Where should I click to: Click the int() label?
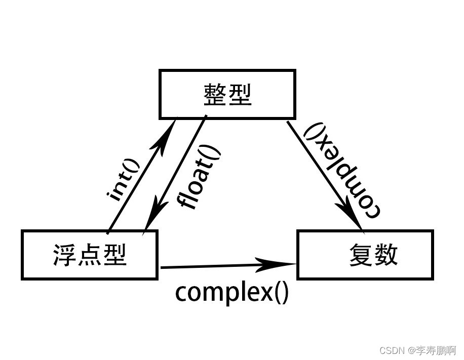coord(123,180)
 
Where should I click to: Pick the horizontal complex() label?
coord(232,293)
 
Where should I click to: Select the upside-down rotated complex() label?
coord(342,171)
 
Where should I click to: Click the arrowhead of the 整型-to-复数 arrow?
coord(350,214)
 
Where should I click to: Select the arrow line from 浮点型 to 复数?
coord(228,266)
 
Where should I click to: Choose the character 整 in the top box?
coord(215,94)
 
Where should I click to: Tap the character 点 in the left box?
coord(89,255)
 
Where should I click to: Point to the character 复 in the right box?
coord(361,255)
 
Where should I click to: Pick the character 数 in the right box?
coord(386,255)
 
